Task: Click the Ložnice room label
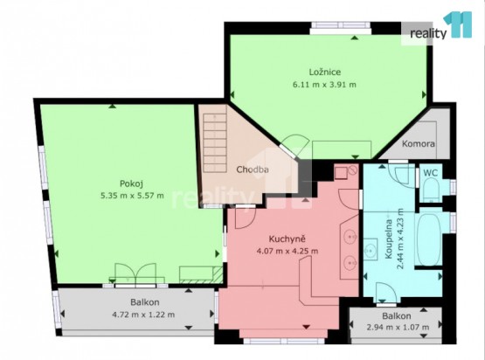coord(325,72)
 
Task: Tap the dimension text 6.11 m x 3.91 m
coord(324,85)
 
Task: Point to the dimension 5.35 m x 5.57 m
coord(132,196)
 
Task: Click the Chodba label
coord(252,170)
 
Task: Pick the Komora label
coord(419,144)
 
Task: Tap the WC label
coord(430,173)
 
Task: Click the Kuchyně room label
coord(288,239)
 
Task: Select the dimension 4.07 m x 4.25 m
coord(288,251)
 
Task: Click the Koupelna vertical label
coord(389,239)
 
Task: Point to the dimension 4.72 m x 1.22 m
coord(143,315)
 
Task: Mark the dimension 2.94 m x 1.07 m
coord(398,327)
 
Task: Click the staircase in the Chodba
coord(215,143)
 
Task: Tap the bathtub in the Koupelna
coord(429,239)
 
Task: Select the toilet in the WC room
coord(431,190)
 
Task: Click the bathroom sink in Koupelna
coord(371,249)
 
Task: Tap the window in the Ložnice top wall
coord(341,28)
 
